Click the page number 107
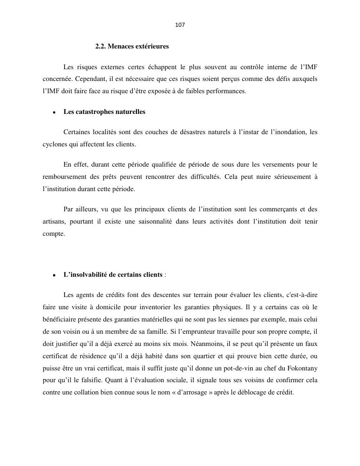coord(180,25)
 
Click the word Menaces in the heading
coord(122,47)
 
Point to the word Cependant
coord(88,79)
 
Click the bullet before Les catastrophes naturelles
coord(55,112)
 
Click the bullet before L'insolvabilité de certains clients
coord(55,275)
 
